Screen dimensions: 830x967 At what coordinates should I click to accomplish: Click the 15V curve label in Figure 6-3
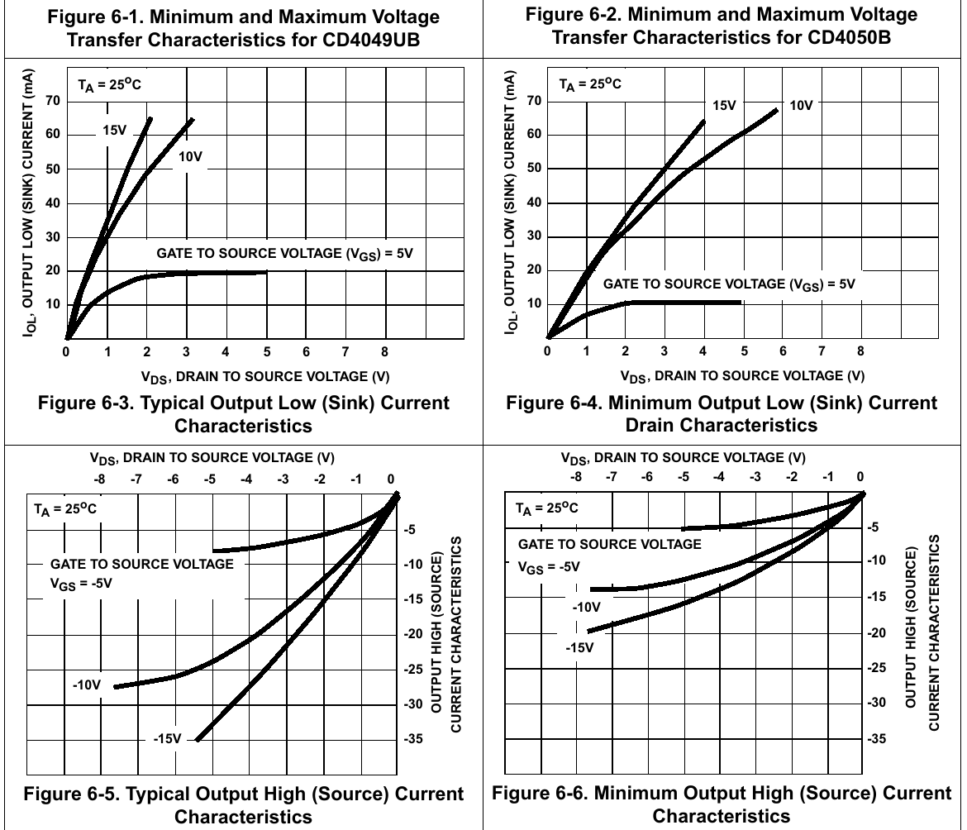tap(114, 130)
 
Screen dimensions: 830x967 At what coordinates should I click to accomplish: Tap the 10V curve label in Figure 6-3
tap(190, 155)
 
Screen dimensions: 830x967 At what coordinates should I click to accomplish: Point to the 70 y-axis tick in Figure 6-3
tap(53, 101)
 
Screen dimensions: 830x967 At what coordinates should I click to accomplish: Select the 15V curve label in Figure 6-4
tap(724, 105)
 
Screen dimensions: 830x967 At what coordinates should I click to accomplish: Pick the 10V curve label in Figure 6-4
tap(802, 105)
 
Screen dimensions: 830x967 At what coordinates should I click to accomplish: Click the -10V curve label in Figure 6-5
tap(86, 685)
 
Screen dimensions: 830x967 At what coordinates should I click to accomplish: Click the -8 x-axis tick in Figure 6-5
tap(99, 479)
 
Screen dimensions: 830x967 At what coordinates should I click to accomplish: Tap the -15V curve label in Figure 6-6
tap(579, 646)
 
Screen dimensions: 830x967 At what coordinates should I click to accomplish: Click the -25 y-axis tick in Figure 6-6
tap(881, 667)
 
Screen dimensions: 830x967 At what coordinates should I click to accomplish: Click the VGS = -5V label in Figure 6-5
tap(81, 582)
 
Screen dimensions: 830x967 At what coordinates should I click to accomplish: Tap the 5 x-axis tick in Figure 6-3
tap(266, 351)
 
